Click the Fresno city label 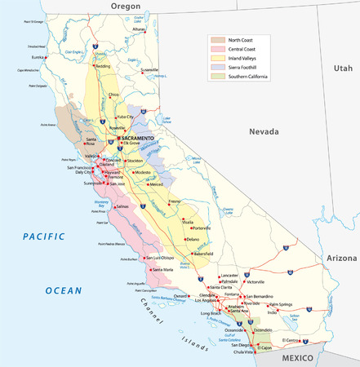(x=175, y=201)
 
